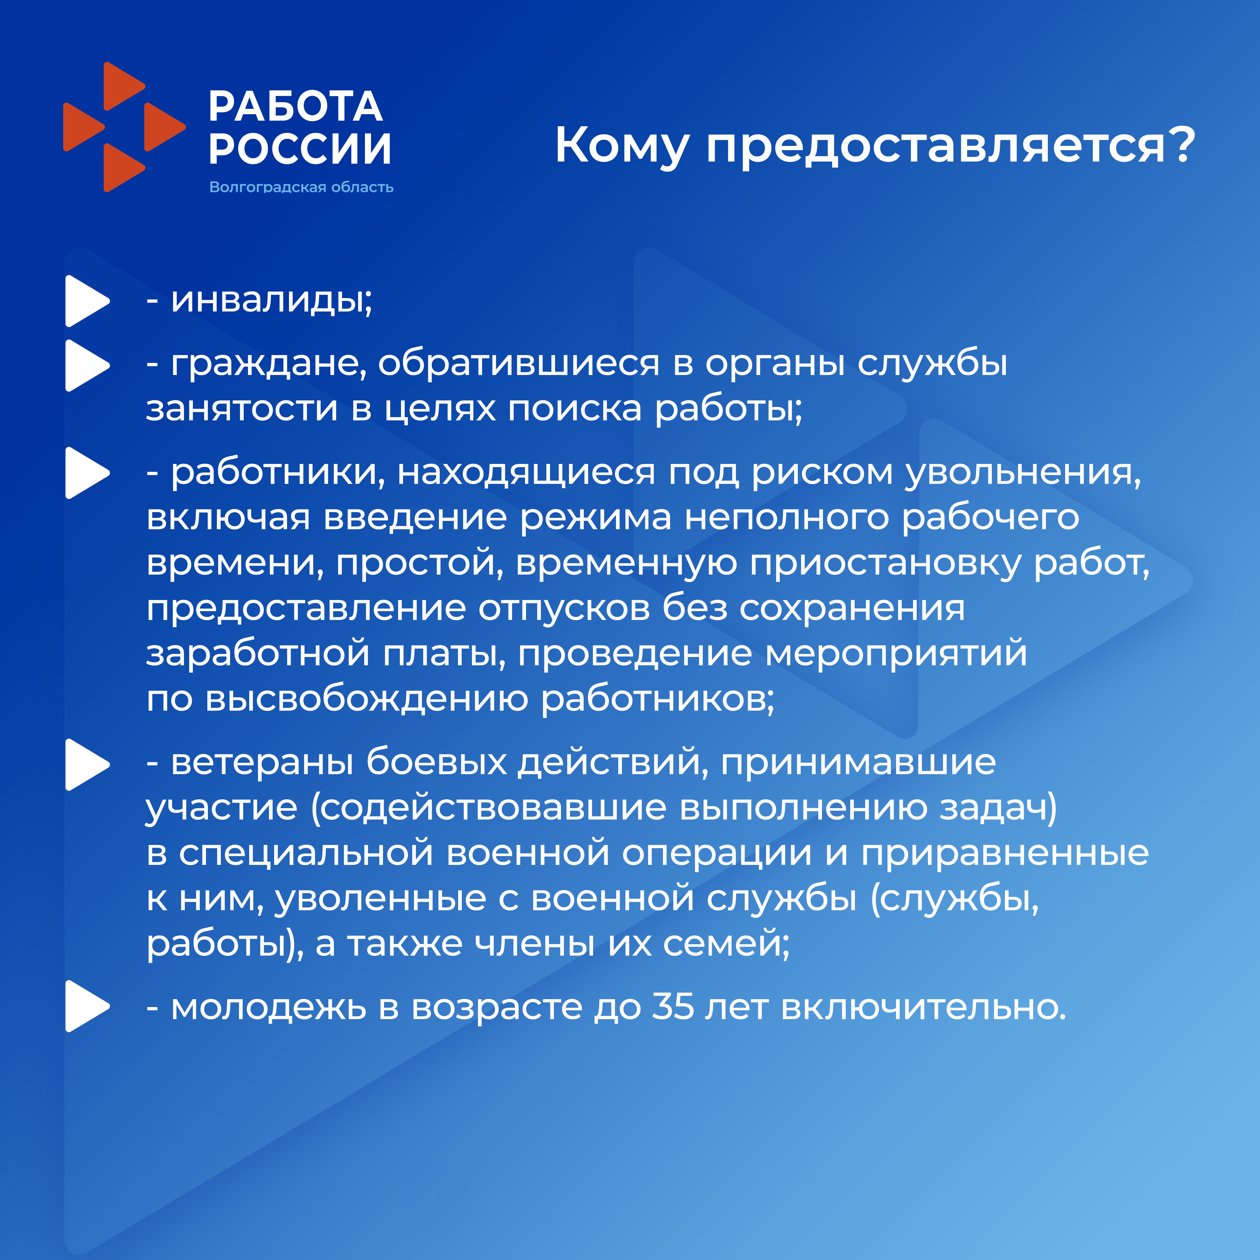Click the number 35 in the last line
pyautogui.click(x=673, y=1006)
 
